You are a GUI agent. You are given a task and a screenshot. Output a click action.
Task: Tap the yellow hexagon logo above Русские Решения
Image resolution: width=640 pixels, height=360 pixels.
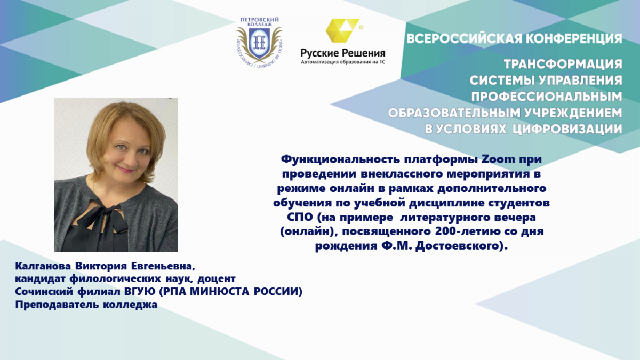[x=342, y=30]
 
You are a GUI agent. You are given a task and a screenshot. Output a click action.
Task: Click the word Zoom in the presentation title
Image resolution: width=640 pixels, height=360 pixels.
[x=498, y=159]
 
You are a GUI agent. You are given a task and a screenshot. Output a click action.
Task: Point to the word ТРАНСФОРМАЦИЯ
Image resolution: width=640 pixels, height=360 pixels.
[x=563, y=65]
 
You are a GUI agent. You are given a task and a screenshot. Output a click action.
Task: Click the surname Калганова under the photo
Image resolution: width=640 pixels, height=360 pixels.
[x=43, y=266]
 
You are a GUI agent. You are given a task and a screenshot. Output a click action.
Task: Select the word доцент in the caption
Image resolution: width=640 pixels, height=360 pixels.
[x=217, y=278]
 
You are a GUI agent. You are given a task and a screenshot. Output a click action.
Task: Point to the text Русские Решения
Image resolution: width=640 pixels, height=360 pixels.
[x=343, y=53]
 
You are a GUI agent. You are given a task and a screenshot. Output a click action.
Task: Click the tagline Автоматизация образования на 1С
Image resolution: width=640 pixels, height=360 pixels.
[x=343, y=62]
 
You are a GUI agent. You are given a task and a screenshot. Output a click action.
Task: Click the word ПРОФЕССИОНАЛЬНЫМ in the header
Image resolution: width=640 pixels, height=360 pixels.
[x=547, y=97]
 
